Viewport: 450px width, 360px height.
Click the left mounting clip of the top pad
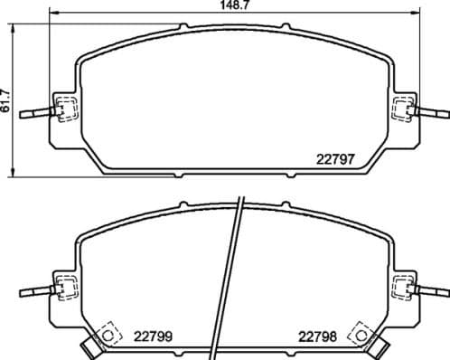(65, 109)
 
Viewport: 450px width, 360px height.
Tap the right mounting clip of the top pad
(403, 109)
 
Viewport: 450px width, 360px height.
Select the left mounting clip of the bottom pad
(65, 289)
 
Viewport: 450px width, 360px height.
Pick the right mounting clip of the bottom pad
(403, 289)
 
